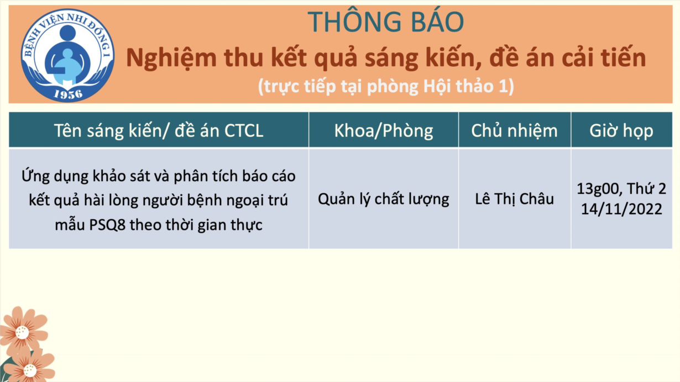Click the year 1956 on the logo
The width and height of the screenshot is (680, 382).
pos(68,94)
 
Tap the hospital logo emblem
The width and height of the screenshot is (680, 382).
pos(67,55)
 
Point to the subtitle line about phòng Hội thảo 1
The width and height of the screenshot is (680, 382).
pos(386,87)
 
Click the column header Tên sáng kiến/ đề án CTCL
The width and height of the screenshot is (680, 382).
pos(159,131)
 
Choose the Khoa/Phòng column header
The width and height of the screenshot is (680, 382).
pos(384,131)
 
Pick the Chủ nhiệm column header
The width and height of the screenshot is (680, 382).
pos(514,131)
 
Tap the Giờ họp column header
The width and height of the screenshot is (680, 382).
pos(621,131)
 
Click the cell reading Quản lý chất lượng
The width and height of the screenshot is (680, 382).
pos(384,199)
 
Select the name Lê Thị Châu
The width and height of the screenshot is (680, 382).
pos(514,199)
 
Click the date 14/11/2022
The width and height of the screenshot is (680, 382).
pos(621,209)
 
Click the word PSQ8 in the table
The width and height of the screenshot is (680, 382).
pos(107,225)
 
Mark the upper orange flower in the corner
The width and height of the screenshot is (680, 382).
pos(23,331)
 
